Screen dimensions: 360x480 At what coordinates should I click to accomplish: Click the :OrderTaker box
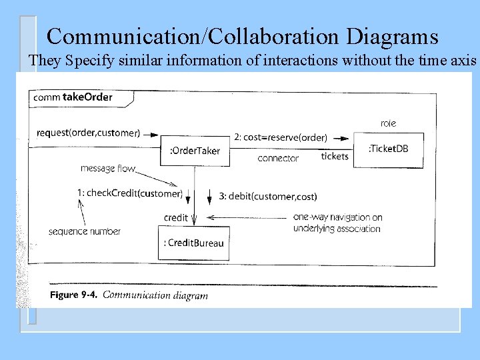(x=194, y=151)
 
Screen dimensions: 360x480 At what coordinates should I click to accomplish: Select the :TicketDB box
(x=395, y=149)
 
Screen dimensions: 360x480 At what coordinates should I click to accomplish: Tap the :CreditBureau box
(x=193, y=243)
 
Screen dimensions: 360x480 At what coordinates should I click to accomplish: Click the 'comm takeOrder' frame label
(x=73, y=97)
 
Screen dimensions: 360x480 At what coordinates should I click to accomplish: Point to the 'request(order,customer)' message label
(x=89, y=133)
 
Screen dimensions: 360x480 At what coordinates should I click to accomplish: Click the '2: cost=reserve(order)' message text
(x=281, y=137)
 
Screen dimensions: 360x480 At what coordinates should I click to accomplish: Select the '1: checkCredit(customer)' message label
(x=129, y=193)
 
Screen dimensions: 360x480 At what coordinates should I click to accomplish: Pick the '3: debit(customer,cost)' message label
(x=268, y=197)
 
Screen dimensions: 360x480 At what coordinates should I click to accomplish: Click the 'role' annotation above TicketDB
(x=388, y=123)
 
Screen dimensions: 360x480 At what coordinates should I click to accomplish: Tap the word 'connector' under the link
(x=278, y=159)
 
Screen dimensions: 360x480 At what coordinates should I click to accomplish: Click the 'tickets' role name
(x=335, y=157)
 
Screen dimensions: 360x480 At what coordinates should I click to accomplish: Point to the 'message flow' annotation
(x=108, y=169)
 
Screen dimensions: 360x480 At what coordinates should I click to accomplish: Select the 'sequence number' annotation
(x=85, y=231)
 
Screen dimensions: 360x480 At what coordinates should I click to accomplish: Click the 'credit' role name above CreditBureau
(x=176, y=218)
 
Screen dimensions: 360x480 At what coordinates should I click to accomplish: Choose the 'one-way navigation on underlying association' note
(x=337, y=223)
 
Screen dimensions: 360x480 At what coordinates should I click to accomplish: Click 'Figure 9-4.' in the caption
(x=73, y=295)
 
